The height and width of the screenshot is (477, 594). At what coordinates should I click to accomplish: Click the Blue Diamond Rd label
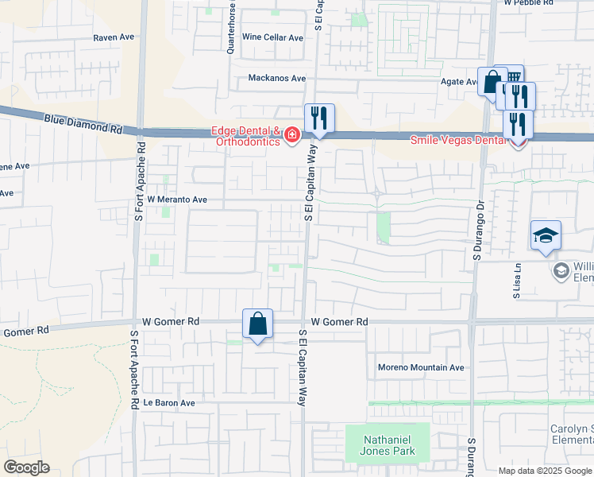tap(83, 124)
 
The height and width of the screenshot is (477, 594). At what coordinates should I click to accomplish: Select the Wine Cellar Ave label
tap(272, 37)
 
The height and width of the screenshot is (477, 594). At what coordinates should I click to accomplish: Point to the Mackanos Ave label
tap(276, 78)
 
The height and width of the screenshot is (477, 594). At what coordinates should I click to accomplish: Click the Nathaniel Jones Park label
tap(388, 444)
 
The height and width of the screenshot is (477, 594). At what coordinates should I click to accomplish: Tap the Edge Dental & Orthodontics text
tap(245, 137)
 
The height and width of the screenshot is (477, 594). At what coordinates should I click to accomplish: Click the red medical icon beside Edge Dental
tap(292, 136)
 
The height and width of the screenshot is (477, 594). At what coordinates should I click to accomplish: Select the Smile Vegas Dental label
tap(457, 140)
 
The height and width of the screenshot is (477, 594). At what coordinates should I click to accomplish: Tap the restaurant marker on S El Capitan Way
tap(319, 118)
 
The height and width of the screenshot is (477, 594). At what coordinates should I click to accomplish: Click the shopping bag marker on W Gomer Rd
tap(257, 324)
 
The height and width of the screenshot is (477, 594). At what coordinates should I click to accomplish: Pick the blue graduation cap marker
tap(546, 235)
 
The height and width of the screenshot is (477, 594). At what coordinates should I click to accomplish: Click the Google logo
tap(25, 467)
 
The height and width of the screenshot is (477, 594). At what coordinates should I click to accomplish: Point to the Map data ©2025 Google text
tap(545, 471)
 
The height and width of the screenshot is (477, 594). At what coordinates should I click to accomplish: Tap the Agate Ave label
tap(458, 82)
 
